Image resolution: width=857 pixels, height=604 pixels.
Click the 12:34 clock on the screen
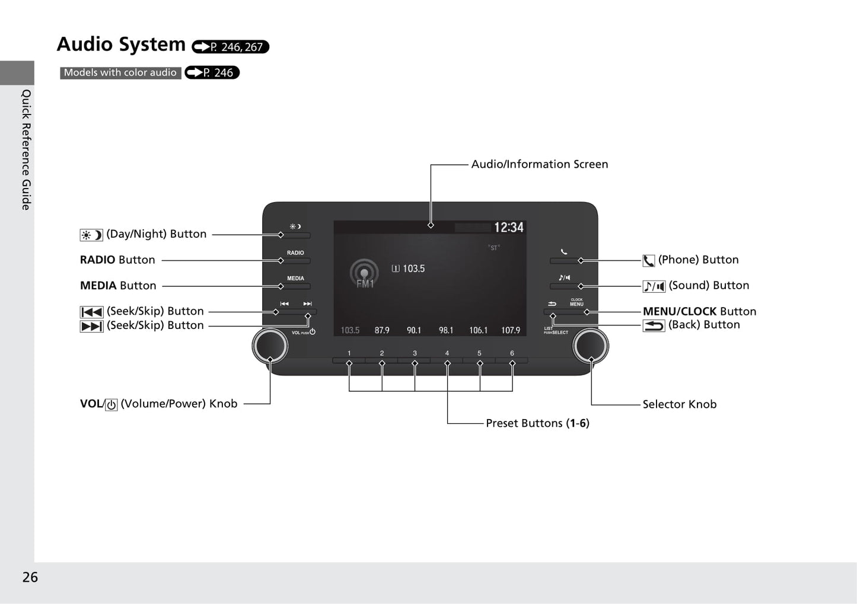pos(508,228)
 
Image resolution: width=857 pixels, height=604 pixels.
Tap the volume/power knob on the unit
pos(270,346)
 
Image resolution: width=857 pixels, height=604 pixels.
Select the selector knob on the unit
pos(590,346)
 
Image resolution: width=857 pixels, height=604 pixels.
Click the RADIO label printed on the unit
pos(295,253)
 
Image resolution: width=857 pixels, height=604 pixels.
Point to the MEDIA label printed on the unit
pos(295,279)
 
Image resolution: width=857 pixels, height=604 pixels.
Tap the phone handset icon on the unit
pos(564,251)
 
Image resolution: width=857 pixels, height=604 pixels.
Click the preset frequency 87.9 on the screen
pos(382,330)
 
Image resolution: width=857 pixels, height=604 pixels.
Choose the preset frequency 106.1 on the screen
pos(478,330)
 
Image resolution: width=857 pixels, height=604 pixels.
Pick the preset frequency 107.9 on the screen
pos(511,330)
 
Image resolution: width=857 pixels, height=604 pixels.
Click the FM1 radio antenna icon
pos(364,274)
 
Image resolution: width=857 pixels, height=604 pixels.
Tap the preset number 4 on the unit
pos(447,353)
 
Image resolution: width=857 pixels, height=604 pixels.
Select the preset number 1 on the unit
pos(349,353)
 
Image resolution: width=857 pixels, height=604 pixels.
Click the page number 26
pos(30,577)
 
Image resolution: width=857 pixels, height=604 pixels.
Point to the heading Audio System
pos(121,44)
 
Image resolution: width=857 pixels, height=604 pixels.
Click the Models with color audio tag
pos(120,73)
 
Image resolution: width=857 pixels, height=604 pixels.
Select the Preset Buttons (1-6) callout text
pos(537,423)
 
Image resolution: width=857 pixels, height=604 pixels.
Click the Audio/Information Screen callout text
pos(540,164)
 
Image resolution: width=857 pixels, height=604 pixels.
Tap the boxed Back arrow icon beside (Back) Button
pos(654,325)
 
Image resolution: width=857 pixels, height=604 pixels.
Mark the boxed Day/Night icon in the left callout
pos(91,235)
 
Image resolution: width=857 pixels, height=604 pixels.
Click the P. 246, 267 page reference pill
pos(230,47)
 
